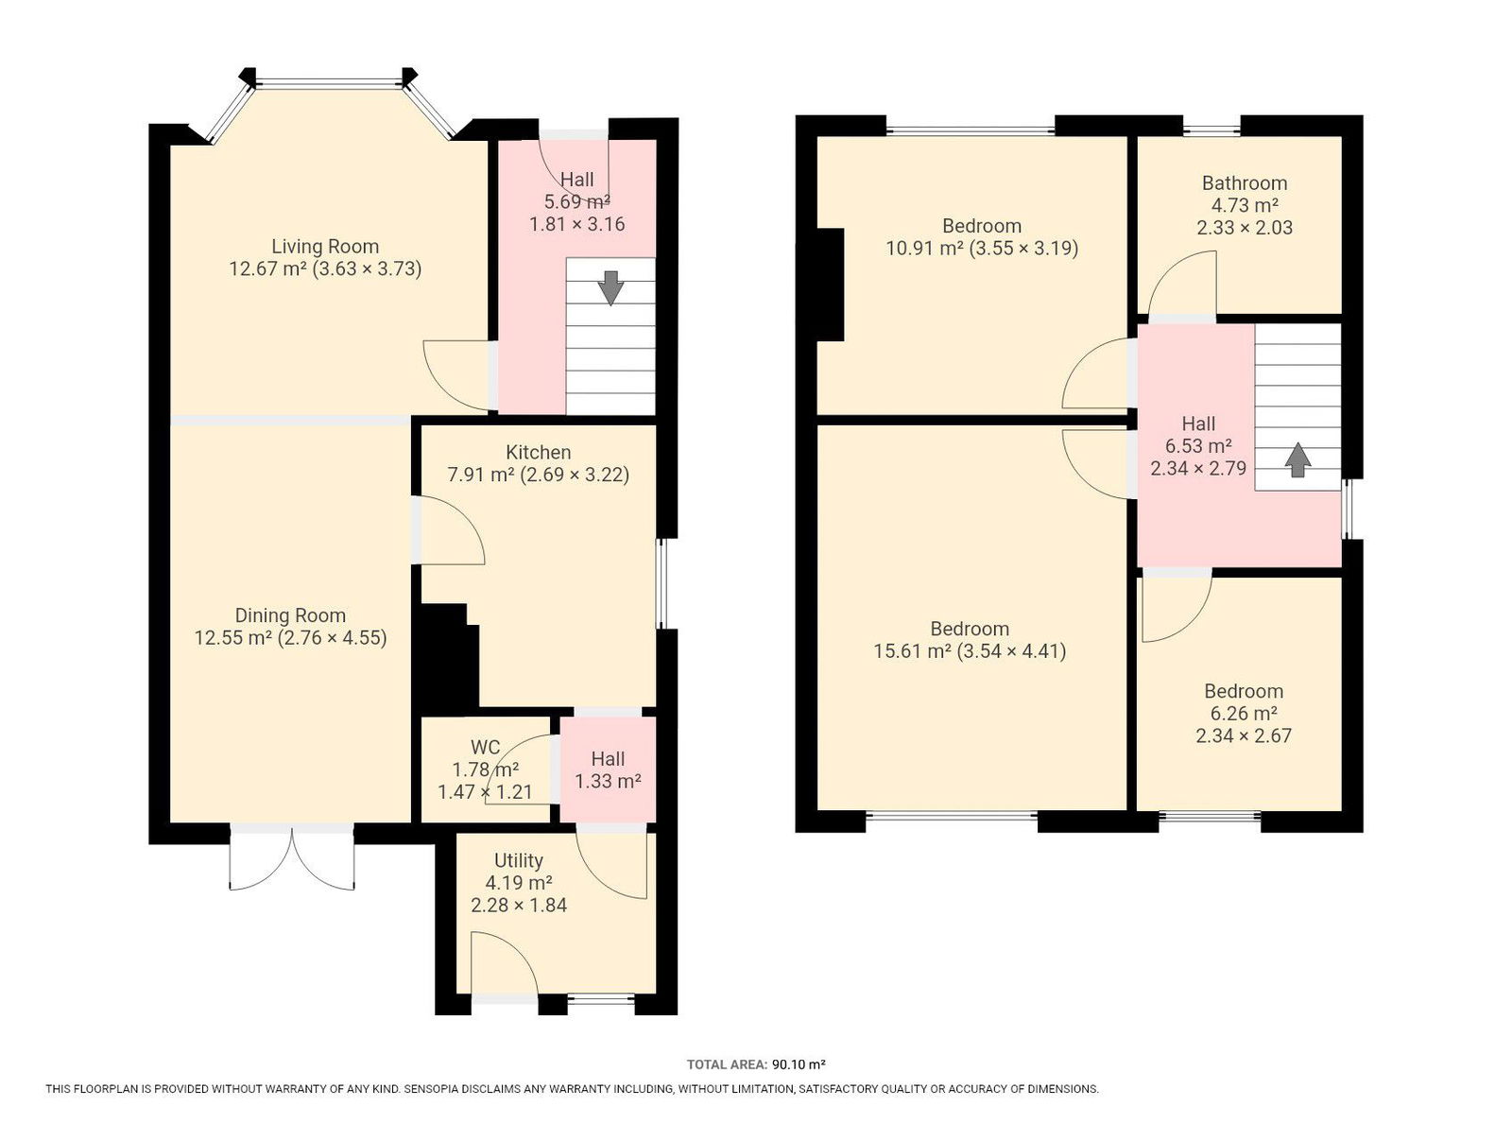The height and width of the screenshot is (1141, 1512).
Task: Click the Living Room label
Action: point(324,246)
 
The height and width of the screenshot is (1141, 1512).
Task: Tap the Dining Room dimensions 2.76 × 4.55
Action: point(332,637)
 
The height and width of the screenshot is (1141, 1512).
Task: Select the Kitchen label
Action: point(538,452)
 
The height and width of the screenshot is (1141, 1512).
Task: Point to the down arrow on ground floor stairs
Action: point(610,287)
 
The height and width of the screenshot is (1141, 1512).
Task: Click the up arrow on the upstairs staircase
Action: point(1297,459)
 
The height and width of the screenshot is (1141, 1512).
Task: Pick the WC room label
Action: point(485,747)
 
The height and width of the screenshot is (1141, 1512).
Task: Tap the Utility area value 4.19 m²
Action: point(519,883)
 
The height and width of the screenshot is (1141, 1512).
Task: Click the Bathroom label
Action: point(1244,182)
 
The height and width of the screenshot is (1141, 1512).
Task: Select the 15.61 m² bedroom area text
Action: point(913,651)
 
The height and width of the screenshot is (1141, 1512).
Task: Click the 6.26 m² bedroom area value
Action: point(1244,713)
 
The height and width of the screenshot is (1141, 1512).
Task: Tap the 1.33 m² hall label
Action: point(608,781)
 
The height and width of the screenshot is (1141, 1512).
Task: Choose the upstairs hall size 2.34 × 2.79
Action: point(1198,469)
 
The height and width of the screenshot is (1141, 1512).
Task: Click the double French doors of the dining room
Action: point(292,858)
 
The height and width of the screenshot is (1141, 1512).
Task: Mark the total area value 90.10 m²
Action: point(799,1064)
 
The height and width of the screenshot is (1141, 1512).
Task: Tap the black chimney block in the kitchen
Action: point(447,659)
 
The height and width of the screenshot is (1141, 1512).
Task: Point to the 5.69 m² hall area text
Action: point(576,202)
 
